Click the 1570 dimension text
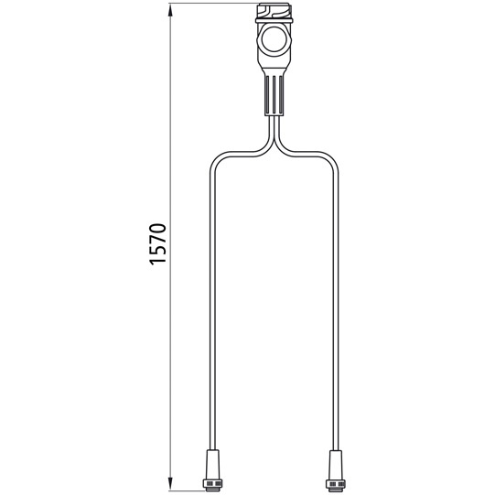(157, 243)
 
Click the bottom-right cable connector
(335, 467)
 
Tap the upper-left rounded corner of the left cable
(216, 157)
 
